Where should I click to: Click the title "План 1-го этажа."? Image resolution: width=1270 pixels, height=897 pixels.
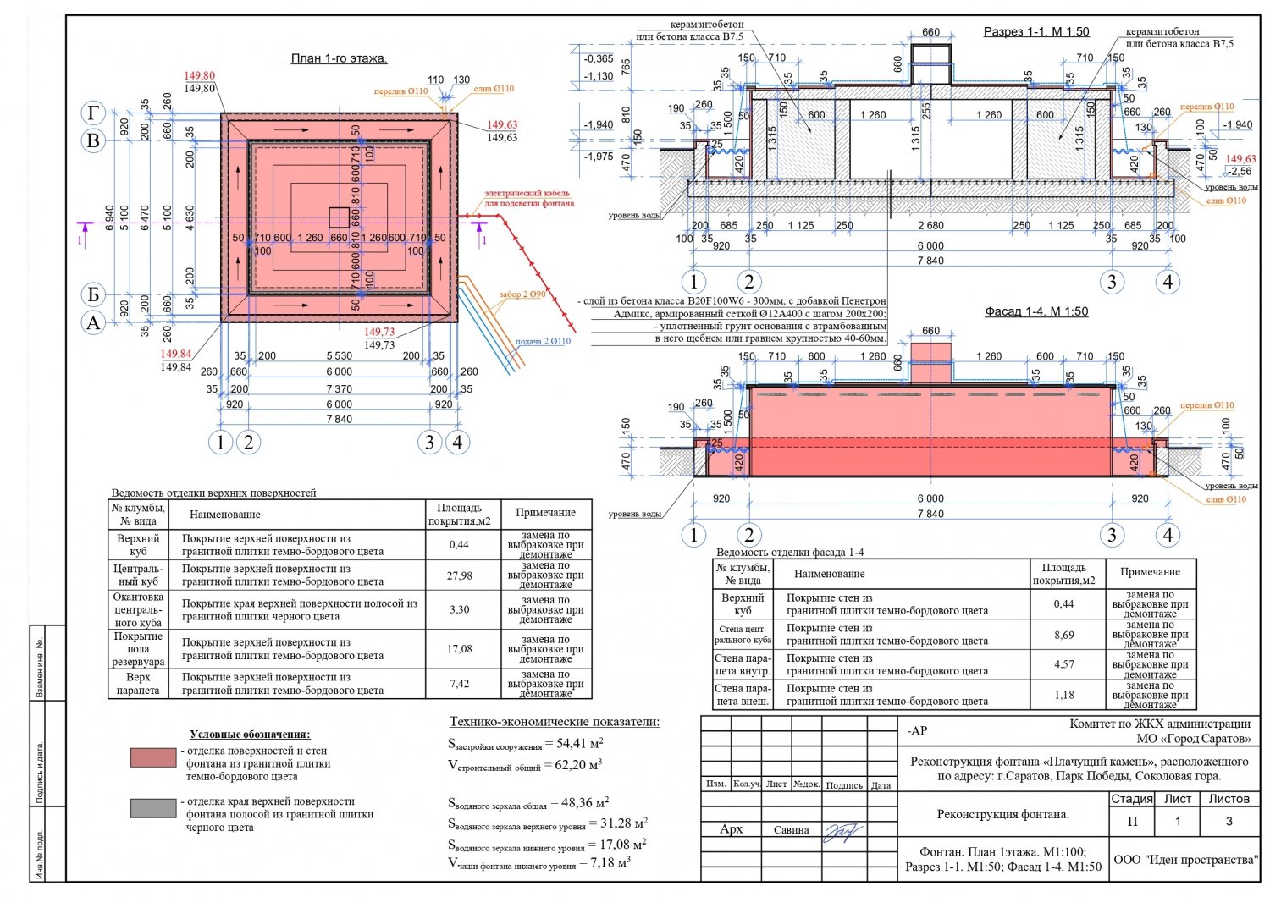tap(339, 58)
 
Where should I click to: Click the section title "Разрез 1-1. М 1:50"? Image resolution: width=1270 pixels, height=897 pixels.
tap(1036, 32)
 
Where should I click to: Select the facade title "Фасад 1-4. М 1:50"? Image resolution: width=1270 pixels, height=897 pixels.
tap(1036, 311)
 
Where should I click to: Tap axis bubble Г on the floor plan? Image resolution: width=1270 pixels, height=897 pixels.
tap(93, 113)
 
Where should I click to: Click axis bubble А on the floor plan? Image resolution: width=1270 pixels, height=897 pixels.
tap(93, 322)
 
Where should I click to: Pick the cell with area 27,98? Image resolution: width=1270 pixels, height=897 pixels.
tap(459, 575)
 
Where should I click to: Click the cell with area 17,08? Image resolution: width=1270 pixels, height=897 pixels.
tap(459, 649)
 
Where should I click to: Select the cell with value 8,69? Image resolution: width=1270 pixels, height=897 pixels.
tap(1063, 635)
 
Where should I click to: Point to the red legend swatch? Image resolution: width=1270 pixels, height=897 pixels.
tap(153, 757)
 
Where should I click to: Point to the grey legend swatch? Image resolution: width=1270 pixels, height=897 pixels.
tap(153, 808)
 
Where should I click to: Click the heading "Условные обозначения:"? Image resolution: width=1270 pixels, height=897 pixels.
tap(250, 735)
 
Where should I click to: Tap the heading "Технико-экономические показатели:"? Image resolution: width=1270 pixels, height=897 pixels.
tap(554, 722)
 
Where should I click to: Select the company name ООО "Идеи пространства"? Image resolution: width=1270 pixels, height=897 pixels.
tap(1185, 860)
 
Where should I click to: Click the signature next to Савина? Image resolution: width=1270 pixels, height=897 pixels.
tap(843, 831)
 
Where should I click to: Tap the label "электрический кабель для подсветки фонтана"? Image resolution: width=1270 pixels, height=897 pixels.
tap(529, 199)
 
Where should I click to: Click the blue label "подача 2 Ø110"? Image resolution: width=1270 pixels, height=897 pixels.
tap(543, 342)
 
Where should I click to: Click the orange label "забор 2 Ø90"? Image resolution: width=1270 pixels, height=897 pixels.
tap(522, 294)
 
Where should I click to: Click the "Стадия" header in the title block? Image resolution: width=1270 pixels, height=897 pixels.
tap(1131, 799)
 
